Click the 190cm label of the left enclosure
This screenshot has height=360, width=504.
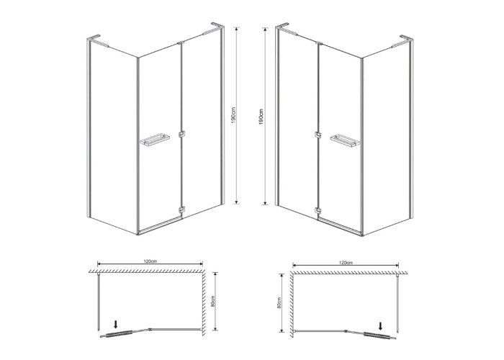[x=234, y=115]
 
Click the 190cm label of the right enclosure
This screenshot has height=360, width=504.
[x=261, y=117]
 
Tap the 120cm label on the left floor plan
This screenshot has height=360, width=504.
[x=150, y=261]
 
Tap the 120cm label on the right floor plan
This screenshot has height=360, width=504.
[x=346, y=263]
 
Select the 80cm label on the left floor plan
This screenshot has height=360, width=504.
[x=212, y=301]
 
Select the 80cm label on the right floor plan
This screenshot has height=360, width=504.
[x=279, y=303]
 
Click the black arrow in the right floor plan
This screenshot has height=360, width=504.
[x=381, y=326]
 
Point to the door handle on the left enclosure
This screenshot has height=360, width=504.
[x=155, y=140]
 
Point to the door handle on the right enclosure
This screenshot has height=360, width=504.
[x=345, y=140]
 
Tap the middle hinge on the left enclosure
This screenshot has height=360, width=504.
[x=181, y=135]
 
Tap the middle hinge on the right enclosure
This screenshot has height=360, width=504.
[x=318, y=135]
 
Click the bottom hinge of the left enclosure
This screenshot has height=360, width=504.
[x=181, y=210]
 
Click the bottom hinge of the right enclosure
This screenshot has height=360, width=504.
[x=318, y=210]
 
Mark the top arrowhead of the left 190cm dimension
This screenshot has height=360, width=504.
[x=237, y=29]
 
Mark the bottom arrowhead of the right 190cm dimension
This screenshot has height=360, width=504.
[x=265, y=203]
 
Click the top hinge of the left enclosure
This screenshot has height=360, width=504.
[x=180, y=42]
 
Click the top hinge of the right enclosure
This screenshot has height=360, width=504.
[x=319, y=42]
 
